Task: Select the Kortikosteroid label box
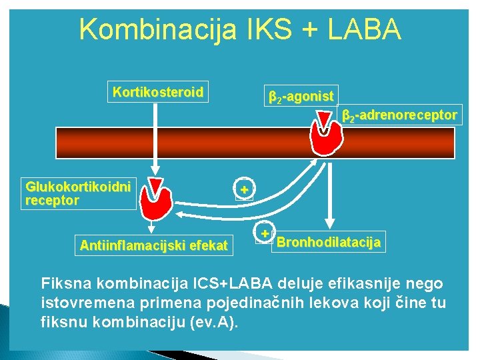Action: [158, 92]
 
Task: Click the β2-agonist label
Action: [301, 97]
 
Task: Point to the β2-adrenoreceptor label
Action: [399, 115]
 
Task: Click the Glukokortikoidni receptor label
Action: [78, 193]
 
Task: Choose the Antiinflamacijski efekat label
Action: [154, 245]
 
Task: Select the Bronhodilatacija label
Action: [329, 241]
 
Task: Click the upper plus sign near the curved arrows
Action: [245, 191]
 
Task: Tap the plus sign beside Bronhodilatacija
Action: [265, 234]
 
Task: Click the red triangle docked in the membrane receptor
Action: [324, 120]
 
